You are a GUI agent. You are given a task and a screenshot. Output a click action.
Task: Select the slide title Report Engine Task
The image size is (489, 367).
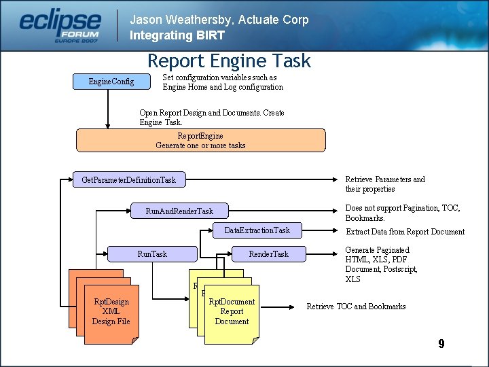[229, 61]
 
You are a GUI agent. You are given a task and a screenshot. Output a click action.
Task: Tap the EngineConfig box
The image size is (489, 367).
[111, 82]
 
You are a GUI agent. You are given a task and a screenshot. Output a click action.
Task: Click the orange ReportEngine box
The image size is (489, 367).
[200, 141]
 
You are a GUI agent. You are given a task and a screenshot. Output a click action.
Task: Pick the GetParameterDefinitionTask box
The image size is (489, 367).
[129, 180]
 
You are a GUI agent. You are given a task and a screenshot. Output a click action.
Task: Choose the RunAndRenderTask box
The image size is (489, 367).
[179, 211]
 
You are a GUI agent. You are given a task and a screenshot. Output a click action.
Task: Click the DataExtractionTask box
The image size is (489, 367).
[257, 230]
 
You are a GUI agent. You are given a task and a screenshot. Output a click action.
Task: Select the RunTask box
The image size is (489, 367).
[152, 254]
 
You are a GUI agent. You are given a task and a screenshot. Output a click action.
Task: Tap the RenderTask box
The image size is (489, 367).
[268, 254]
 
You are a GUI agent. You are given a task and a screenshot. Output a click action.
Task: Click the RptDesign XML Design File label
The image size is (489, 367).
[111, 311]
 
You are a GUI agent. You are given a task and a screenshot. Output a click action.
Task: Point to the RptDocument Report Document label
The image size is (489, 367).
[232, 311]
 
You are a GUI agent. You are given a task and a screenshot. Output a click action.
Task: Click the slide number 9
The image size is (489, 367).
[441, 344]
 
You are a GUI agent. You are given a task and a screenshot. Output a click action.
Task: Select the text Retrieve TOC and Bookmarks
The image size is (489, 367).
[356, 307]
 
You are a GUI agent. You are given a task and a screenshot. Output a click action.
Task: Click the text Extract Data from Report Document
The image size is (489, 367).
[405, 232]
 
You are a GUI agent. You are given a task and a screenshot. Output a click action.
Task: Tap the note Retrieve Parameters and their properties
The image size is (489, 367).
[384, 184]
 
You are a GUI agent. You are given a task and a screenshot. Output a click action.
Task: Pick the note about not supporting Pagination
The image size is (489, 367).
[402, 213]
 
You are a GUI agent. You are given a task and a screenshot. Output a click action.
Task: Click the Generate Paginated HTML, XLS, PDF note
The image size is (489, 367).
[381, 264]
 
